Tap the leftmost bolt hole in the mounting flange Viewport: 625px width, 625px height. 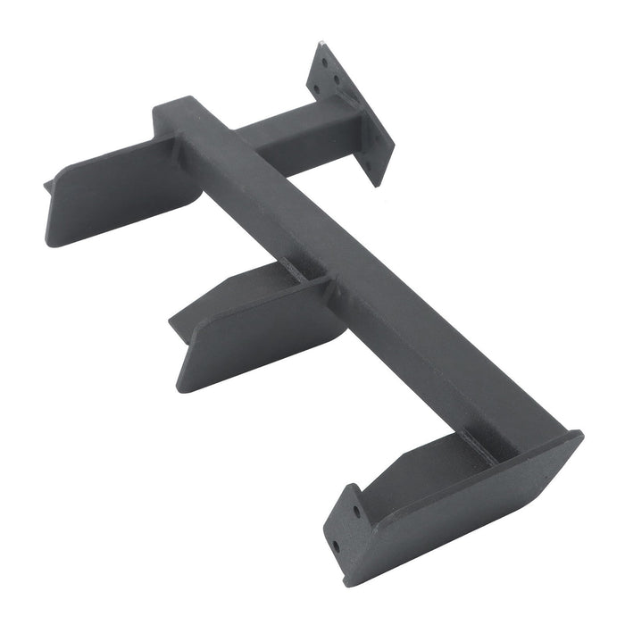click(315, 87)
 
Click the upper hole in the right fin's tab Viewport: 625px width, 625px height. click(357, 512)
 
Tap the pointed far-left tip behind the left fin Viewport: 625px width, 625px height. click(47, 186)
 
